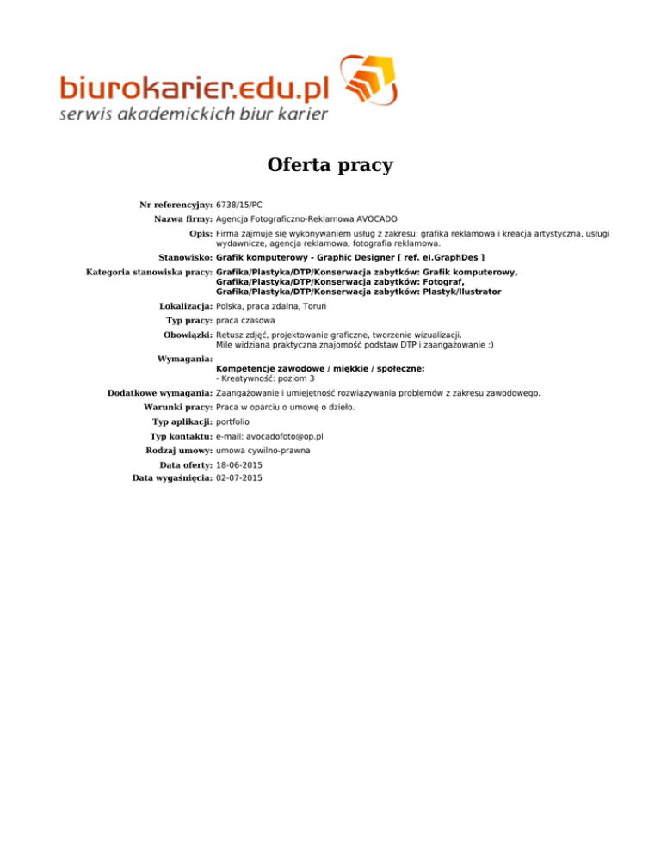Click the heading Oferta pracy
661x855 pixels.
tap(330, 164)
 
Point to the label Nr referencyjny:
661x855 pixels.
tap(176, 205)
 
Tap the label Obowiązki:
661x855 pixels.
tap(188, 335)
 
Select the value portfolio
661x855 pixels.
tap(232, 422)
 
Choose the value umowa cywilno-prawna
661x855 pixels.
tap(263, 451)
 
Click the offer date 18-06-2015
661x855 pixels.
tap(239, 465)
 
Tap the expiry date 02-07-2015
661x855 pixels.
tap(239, 477)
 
